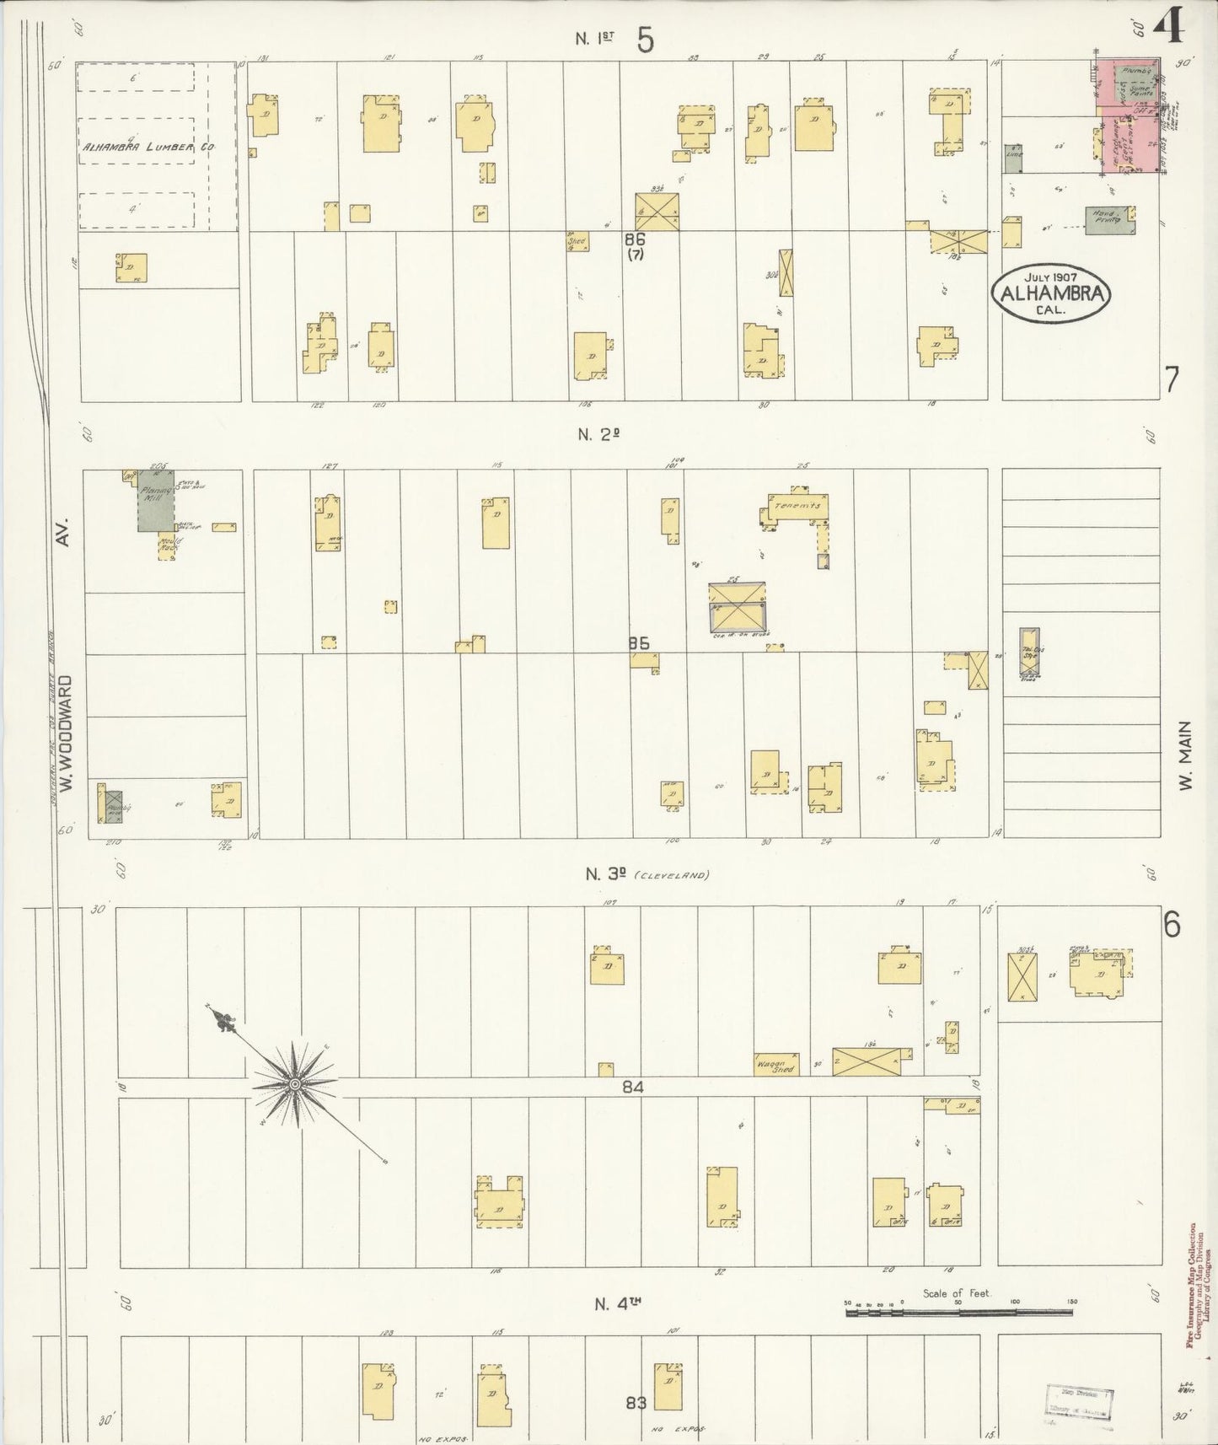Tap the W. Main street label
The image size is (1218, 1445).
tap(1186, 755)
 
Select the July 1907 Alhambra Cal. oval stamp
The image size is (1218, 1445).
tap(1053, 293)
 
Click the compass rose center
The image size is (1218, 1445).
tap(295, 1084)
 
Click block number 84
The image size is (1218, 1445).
tap(633, 1088)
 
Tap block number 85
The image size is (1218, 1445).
tap(638, 643)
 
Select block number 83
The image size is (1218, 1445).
tap(637, 1404)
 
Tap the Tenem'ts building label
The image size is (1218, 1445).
tap(797, 506)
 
